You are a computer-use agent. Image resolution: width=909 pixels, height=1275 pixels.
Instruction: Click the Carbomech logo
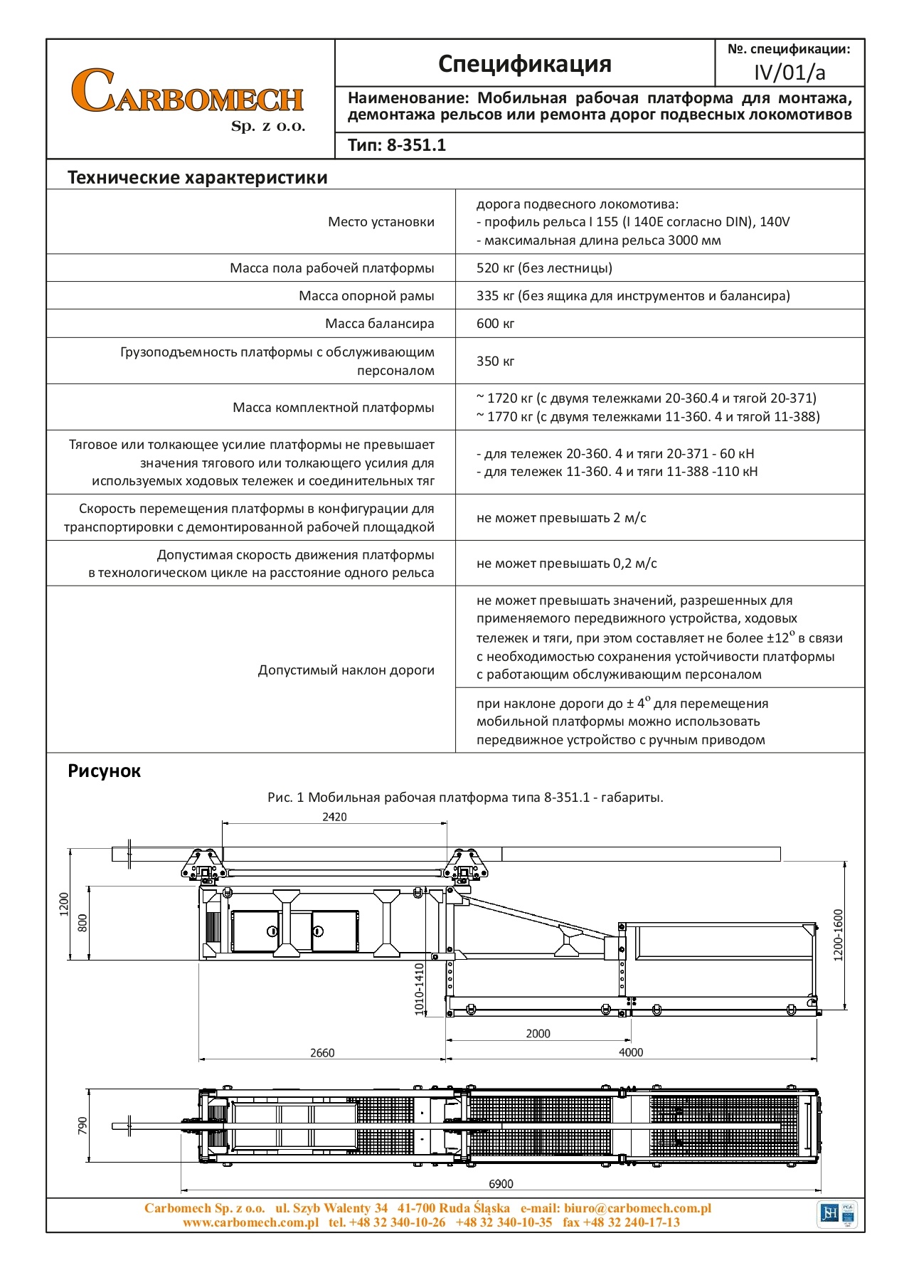(x=188, y=97)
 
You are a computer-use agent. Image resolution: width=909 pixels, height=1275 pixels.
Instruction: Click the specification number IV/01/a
(x=790, y=73)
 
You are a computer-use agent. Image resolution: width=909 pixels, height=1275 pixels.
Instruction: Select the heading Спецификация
(x=524, y=63)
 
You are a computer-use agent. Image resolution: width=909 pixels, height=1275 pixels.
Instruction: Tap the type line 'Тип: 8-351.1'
(x=397, y=145)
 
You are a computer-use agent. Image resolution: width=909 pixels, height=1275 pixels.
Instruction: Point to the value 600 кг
(x=495, y=324)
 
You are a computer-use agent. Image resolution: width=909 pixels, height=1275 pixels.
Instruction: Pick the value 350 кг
(x=495, y=361)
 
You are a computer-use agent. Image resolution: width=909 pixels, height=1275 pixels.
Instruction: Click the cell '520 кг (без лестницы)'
(x=544, y=268)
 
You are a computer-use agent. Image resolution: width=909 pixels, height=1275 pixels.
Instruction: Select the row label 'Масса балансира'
(x=379, y=324)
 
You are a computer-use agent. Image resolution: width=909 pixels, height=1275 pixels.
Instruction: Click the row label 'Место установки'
(x=381, y=222)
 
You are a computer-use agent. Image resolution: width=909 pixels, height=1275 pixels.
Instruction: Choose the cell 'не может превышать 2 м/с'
(x=561, y=518)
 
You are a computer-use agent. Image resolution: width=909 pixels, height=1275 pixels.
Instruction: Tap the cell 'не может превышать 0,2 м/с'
(x=566, y=564)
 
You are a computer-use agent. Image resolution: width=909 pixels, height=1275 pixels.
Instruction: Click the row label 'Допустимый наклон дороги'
(x=346, y=670)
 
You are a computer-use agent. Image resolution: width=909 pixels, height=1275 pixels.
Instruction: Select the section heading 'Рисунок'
(x=104, y=771)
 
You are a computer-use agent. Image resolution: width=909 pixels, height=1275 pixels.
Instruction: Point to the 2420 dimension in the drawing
(x=334, y=817)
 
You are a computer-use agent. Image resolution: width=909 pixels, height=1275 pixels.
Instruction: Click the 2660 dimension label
(x=321, y=1052)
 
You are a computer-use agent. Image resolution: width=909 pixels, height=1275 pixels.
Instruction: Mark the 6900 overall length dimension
(x=501, y=1184)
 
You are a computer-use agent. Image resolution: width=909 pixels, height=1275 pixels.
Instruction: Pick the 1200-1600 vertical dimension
(x=838, y=935)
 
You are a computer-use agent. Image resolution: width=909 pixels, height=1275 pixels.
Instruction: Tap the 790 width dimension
(x=83, y=1126)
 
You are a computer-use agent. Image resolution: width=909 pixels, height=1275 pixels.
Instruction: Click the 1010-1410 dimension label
(x=419, y=989)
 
